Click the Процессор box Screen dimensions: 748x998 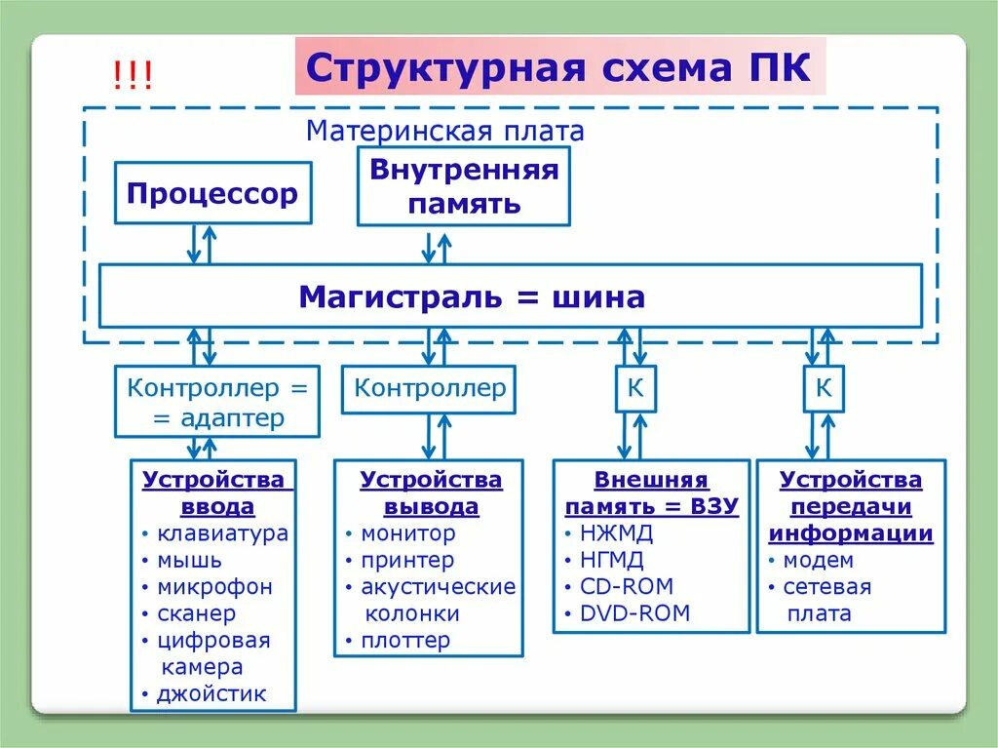click(211, 193)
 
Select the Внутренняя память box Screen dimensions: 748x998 click(464, 186)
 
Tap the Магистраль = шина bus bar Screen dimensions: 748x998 click(510, 295)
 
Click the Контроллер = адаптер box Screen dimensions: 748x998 click(217, 402)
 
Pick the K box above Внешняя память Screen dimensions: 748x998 click(634, 389)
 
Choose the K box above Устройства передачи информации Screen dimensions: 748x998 click(824, 389)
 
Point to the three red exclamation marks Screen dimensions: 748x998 click(132, 77)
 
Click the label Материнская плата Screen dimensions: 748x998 click(444, 131)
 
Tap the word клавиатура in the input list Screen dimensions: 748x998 click(222, 533)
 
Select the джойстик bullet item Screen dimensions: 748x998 click(211, 694)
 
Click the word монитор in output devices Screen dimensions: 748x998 click(407, 533)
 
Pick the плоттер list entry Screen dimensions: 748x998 click(405, 641)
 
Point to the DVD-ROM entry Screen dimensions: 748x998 click(634, 613)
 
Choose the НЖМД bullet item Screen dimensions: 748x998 click(616, 533)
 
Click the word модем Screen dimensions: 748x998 click(818, 560)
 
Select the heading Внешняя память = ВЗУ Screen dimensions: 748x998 click(652, 493)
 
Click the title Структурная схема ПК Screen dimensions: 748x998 click(559, 68)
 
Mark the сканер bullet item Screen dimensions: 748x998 click(196, 613)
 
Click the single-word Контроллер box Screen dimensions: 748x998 click(430, 388)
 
